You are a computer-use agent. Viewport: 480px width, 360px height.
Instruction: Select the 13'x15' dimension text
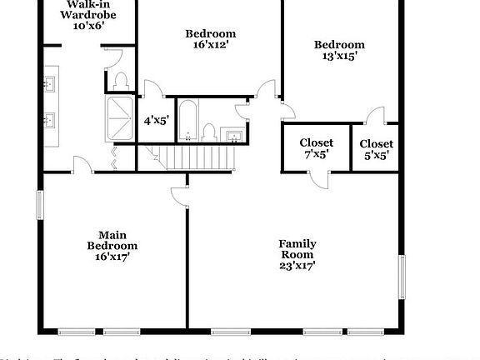point(339,56)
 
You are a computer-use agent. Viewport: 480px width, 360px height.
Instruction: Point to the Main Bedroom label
point(112,246)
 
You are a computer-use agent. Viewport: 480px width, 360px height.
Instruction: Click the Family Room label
point(297,255)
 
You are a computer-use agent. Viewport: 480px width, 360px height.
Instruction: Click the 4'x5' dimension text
point(157,120)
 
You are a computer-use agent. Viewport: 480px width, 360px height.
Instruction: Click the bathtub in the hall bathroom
point(187,120)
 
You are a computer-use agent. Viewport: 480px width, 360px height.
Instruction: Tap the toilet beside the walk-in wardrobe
point(122,80)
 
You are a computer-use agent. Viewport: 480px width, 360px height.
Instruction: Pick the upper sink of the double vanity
point(49,83)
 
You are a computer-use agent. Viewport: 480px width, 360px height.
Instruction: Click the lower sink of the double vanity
point(49,120)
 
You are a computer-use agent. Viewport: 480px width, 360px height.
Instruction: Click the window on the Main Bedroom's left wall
point(39,204)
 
